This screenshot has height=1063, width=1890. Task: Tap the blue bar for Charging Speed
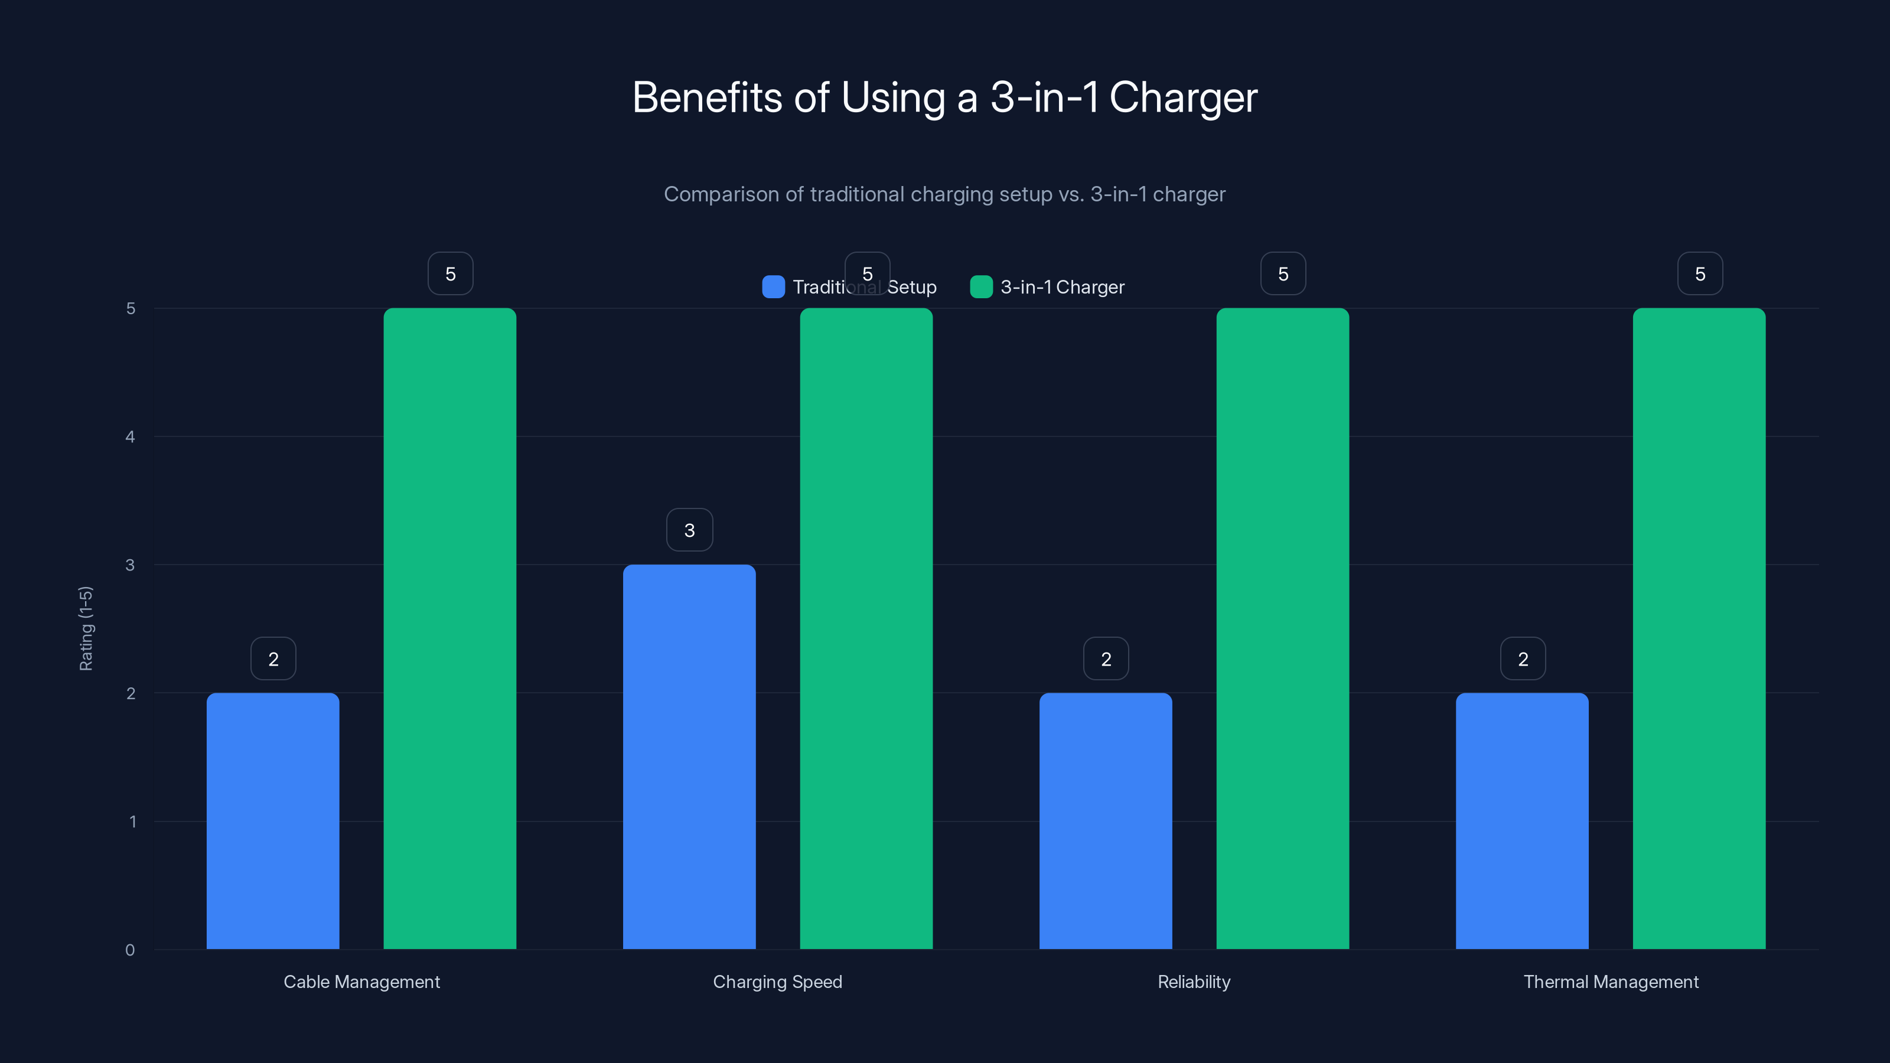pyautogui.click(x=689, y=756)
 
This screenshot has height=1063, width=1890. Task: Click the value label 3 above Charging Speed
pyautogui.click(x=689, y=530)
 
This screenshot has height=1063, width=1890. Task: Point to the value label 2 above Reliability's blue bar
pyautogui.click(x=1106, y=659)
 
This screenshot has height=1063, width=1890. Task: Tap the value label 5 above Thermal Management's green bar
pyautogui.click(x=1699, y=273)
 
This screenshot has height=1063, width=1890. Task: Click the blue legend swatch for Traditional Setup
pyautogui.click(x=773, y=287)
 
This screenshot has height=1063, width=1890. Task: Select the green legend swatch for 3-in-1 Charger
pyautogui.click(x=981, y=287)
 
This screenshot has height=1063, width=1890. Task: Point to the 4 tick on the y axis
pyautogui.click(x=130, y=436)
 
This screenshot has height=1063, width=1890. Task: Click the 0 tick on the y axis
pyautogui.click(x=130, y=950)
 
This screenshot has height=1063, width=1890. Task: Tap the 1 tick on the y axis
pyautogui.click(x=133, y=821)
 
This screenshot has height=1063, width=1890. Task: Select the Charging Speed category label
pyautogui.click(x=777, y=982)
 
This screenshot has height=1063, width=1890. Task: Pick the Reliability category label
pyautogui.click(x=1194, y=982)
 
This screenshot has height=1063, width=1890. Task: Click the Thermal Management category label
pyautogui.click(x=1611, y=982)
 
